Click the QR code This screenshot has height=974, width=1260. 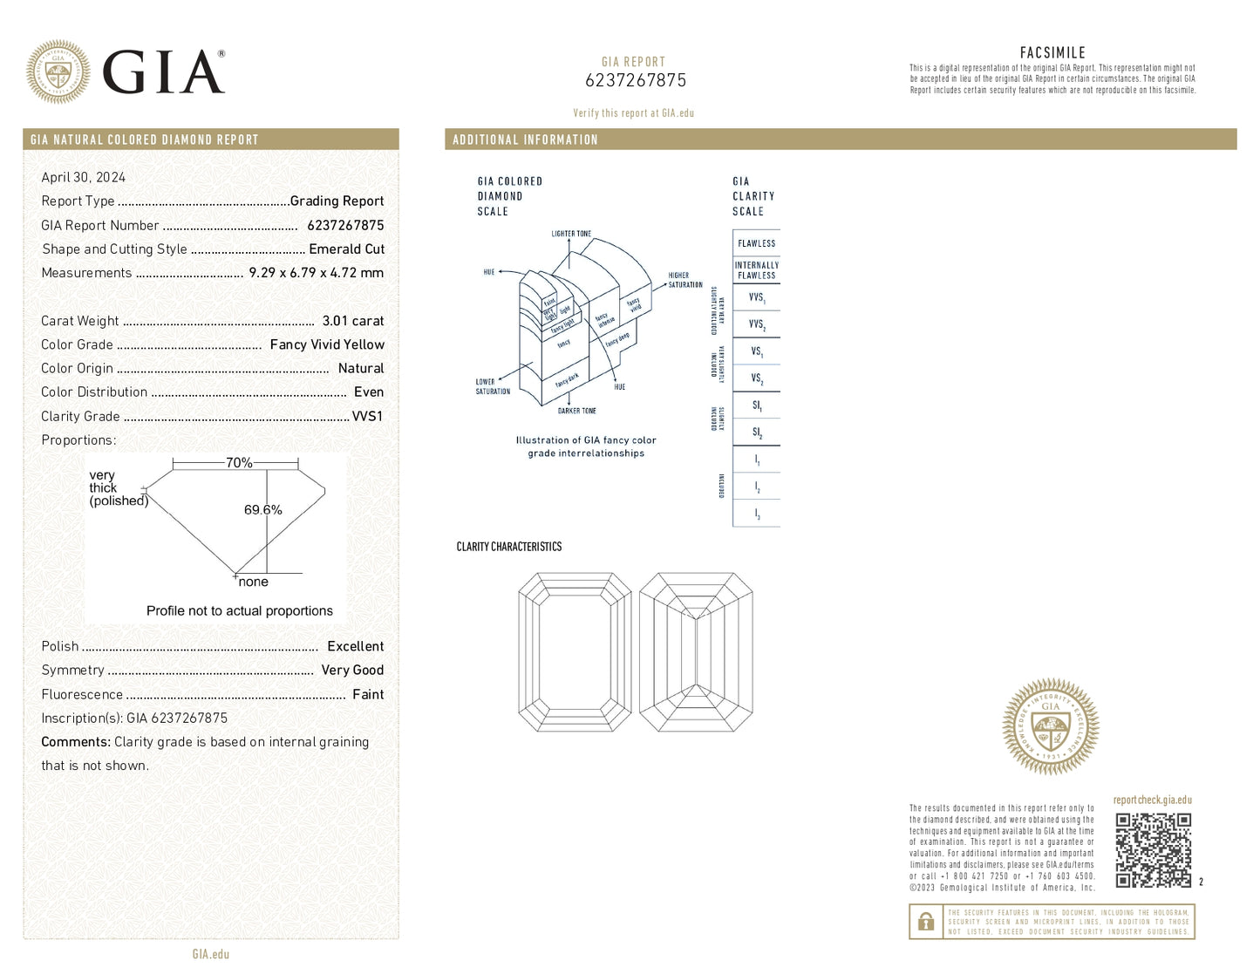click(x=1153, y=850)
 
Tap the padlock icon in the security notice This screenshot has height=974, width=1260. click(x=926, y=921)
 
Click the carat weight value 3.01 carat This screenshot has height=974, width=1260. click(x=352, y=321)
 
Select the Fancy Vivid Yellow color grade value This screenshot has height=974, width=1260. click(x=326, y=344)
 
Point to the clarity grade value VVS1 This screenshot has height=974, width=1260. click(x=367, y=416)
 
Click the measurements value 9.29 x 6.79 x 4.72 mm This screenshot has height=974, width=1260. click(x=316, y=273)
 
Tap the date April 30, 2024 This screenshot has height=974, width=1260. click(x=84, y=177)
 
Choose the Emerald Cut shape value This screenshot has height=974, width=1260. click(x=346, y=249)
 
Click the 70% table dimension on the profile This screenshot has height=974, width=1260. click(x=238, y=463)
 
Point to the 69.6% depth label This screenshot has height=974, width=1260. click(x=262, y=510)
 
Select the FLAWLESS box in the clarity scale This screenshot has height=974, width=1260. click(x=756, y=243)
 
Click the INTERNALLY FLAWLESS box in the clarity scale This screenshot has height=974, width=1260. click(x=756, y=270)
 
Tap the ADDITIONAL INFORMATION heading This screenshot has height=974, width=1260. click(x=525, y=140)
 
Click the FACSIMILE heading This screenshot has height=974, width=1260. click(x=1052, y=53)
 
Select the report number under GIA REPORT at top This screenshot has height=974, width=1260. click(x=635, y=80)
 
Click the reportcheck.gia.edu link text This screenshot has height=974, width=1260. click(x=1152, y=800)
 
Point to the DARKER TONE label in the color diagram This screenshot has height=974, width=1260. click(x=576, y=411)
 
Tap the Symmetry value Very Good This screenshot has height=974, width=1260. click(x=352, y=670)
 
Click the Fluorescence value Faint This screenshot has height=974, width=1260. click(x=367, y=694)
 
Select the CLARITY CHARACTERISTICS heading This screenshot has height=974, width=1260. click(x=509, y=547)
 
